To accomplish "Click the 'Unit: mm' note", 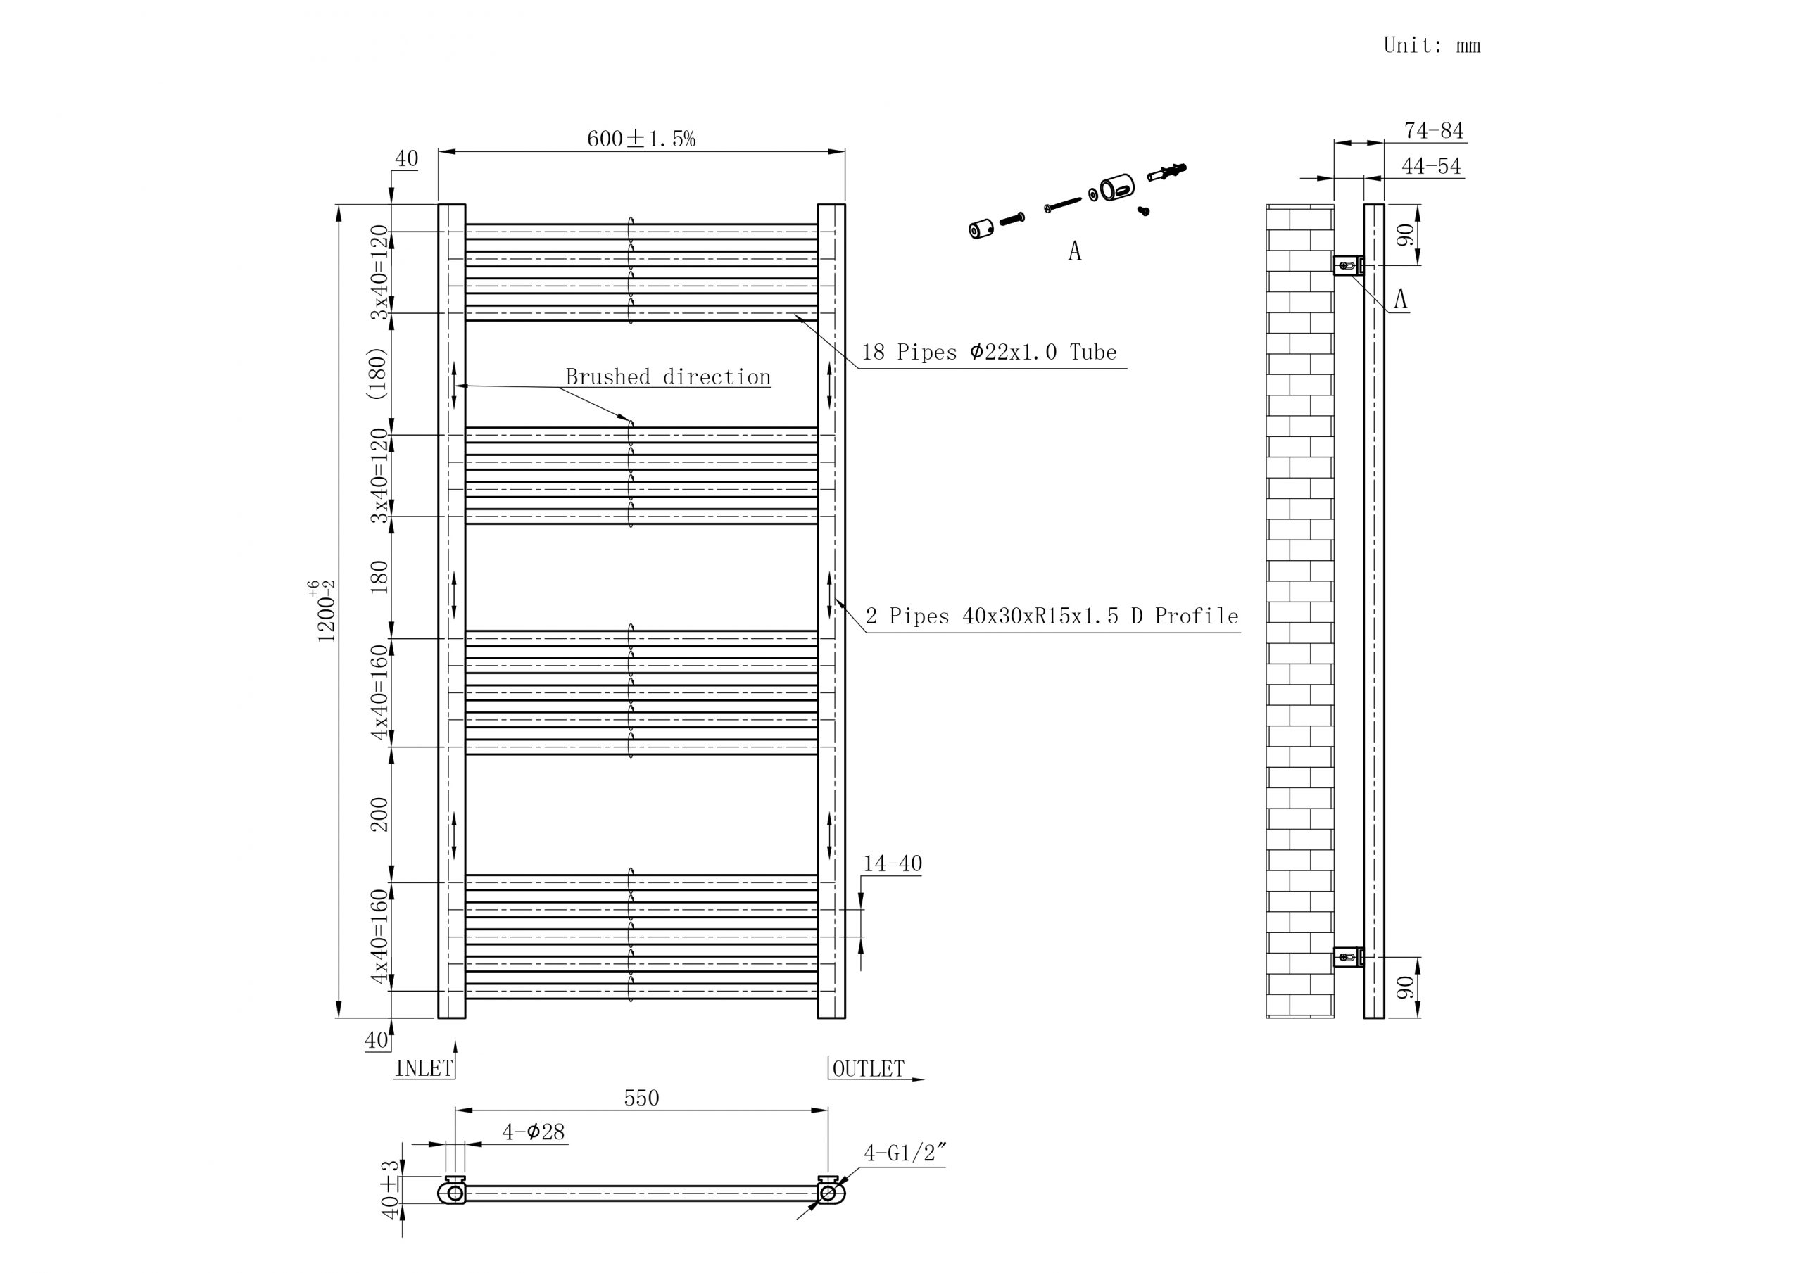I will tap(1431, 46).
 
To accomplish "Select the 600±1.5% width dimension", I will tap(641, 139).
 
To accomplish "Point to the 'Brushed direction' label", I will tap(668, 377).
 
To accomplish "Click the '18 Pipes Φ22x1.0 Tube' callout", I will tap(989, 353).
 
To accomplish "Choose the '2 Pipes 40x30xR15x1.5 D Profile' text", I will tap(1052, 617).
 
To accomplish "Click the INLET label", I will tap(424, 1069).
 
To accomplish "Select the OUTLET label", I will tap(868, 1069).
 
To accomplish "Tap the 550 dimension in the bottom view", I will tap(641, 1098).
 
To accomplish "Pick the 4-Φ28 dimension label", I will tap(534, 1132).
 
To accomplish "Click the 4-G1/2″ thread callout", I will tap(905, 1153).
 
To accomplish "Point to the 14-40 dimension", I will tap(893, 864).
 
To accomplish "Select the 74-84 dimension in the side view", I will tap(1434, 130).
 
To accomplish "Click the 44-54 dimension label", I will tap(1432, 166).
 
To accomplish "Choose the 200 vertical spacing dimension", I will tap(379, 814).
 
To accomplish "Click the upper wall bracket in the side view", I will tap(1347, 265).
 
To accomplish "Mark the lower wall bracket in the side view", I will tap(1347, 957).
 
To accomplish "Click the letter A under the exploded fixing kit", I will tap(1074, 251).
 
